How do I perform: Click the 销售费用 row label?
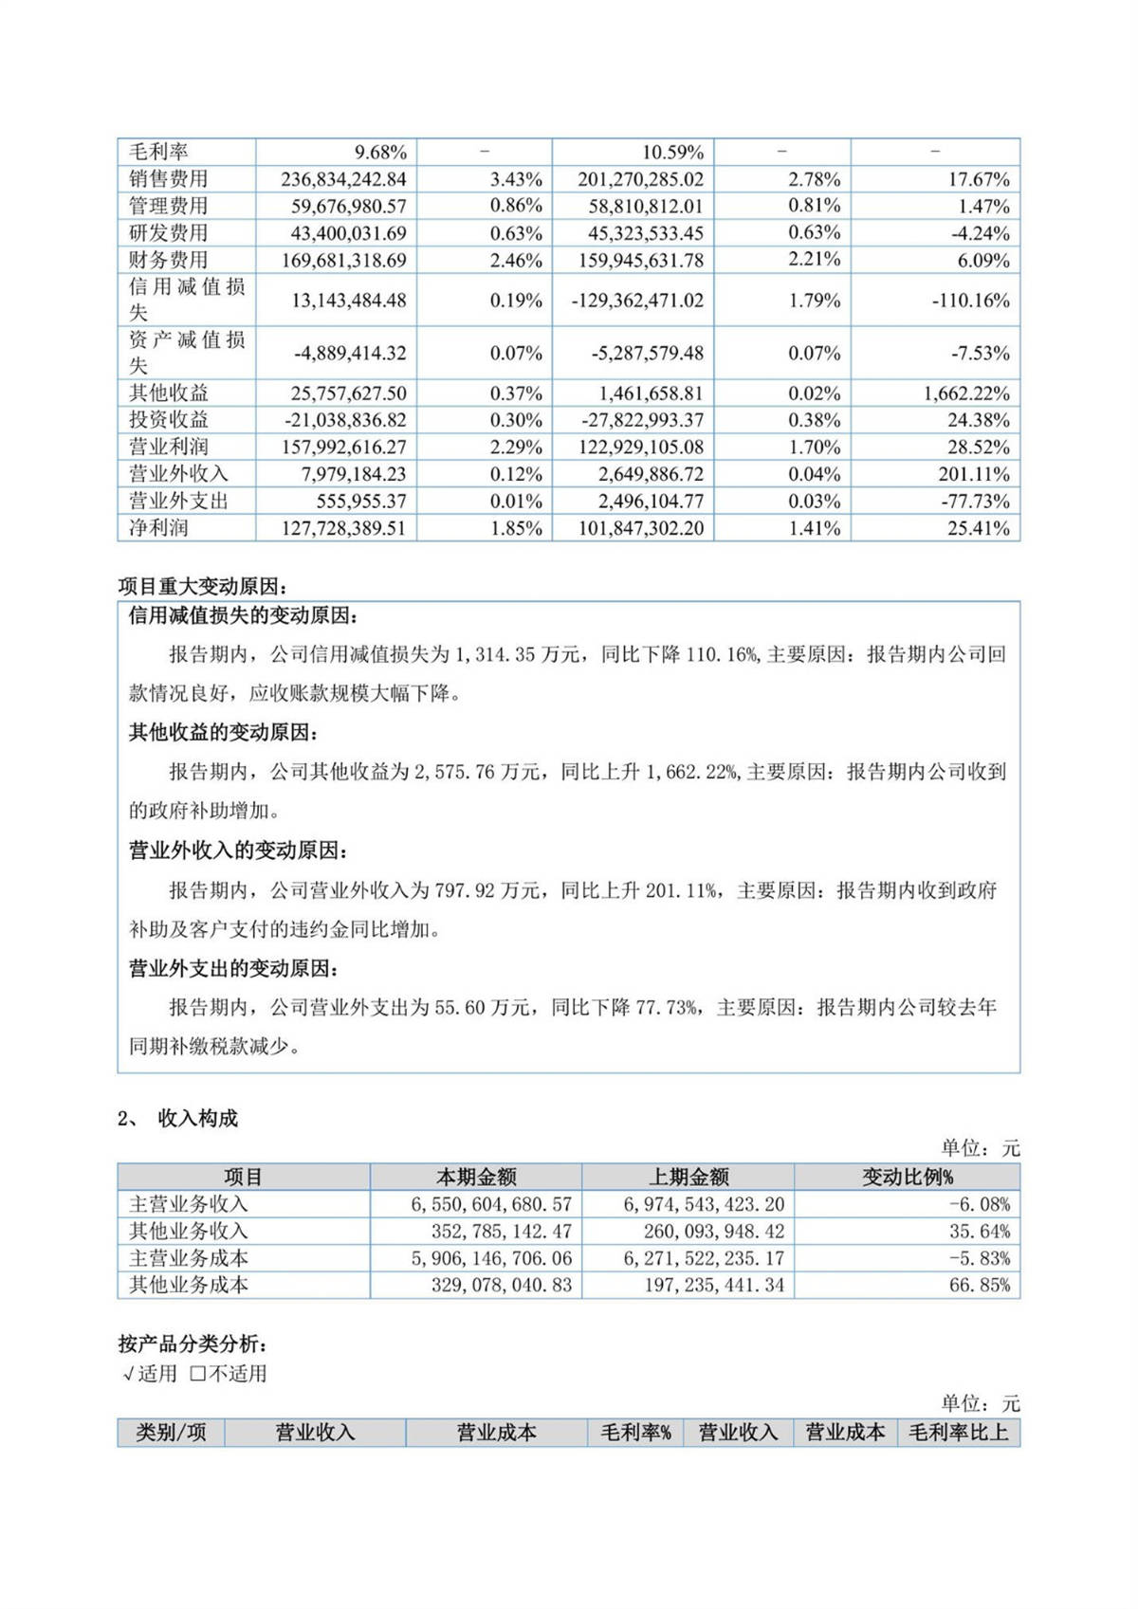pos(169,178)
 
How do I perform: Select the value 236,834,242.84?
pos(343,179)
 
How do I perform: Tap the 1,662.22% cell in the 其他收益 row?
pos(966,393)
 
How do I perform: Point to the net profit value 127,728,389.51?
pos(343,528)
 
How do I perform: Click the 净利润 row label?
pos(158,528)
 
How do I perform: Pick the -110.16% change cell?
pos(970,301)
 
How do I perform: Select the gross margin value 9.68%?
pos(380,152)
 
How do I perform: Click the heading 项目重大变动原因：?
pos(201,587)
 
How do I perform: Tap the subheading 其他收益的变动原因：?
pos(224,733)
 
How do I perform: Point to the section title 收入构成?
pos(198,1119)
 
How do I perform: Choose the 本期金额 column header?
pos(476,1177)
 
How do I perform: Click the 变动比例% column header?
pos(907,1177)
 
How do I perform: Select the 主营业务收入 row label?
pos(189,1204)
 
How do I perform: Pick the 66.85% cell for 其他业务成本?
pos(980,1286)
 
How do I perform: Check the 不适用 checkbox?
pos(198,1373)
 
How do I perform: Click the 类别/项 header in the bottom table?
pos(171,1432)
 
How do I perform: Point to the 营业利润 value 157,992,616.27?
pos(343,448)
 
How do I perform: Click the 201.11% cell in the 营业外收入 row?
pos(975,474)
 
